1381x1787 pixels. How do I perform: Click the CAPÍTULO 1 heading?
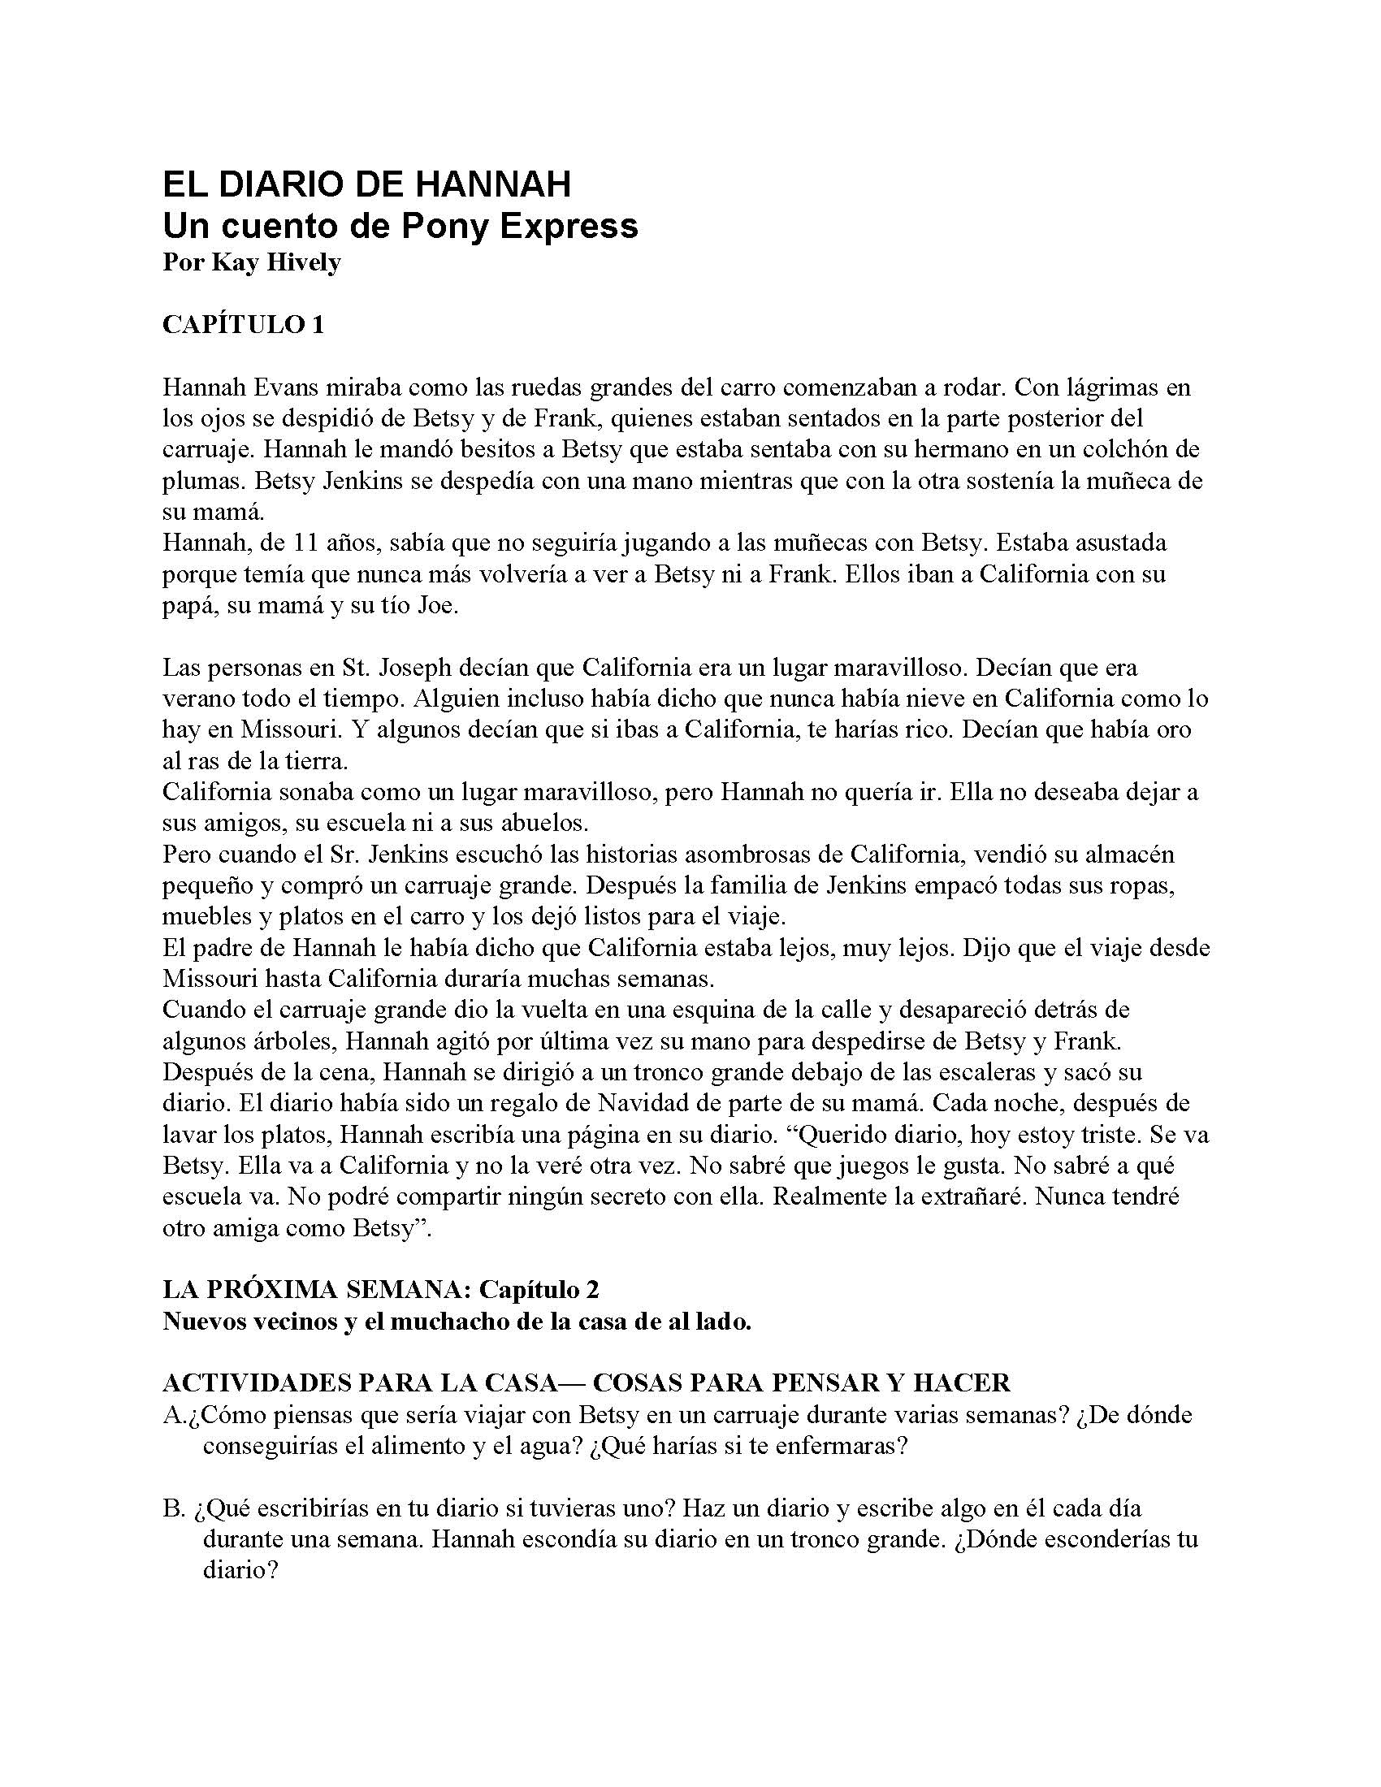click(x=243, y=325)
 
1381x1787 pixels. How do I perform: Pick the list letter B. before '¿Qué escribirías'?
click(x=171, y=1508)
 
